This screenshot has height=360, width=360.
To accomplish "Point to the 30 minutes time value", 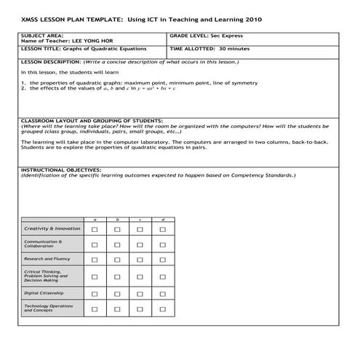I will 225,49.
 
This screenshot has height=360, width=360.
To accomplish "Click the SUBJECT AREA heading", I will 41,35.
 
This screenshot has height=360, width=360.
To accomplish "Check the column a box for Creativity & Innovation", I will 95,229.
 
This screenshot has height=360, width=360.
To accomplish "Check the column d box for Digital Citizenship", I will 163,293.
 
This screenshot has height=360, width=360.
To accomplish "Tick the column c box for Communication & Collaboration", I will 140,244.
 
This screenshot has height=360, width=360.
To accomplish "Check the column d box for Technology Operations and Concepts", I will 163,308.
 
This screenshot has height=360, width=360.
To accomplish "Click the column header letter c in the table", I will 140,220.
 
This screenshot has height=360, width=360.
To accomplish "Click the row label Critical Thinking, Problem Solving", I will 46,275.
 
